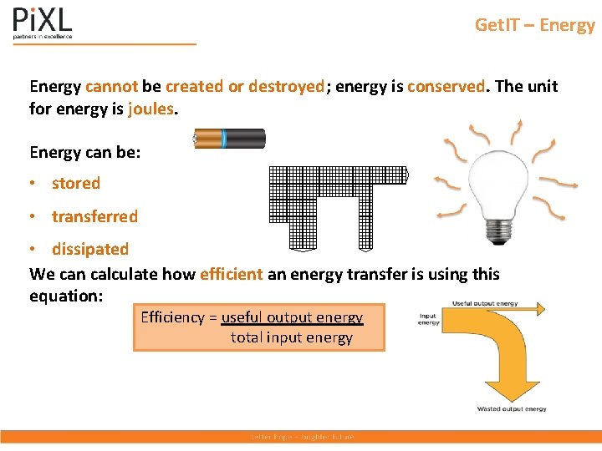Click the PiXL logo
pyautogui.click(x=43, y=23)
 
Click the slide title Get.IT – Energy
pyautogui.click(x=534, y=25)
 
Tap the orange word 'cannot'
pyautogui.click(x=111, y=87)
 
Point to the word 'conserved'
pyautogui.click(x=446, y=87)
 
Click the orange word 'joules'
pyautogui.click(x=151, y=109)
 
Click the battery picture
pyautogui.click(x=229, y=139)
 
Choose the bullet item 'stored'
pyautogui.click(x=75, y=184)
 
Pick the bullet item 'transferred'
pyautogui.click(x=94, y=216)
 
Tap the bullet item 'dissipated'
pyautogui.click(x=90, y=249)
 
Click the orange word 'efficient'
pyautogui.click(x=231, y=274)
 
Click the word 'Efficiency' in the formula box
pyautogui.click(x=173, y=317)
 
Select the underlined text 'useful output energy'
pyautogui.click(x=292, y=317)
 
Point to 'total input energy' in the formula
pyautogui.click(x=292, y=337)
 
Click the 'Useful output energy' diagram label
pyautogui.click(x=485, y=303)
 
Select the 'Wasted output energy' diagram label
pyautogui.click(x=512, y=409)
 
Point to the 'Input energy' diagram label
pyautogui.click(x=429, y=320)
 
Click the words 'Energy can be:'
pyautogui.click(x=85, y=152)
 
